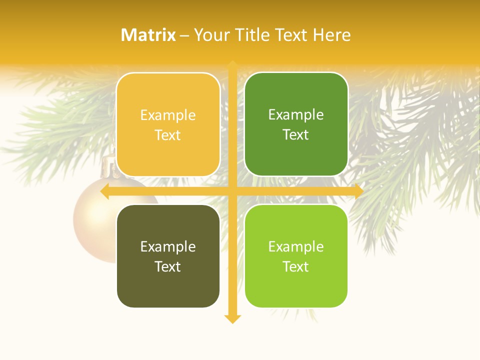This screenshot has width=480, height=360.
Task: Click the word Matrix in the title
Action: pyautogui.click(x=148, y=35)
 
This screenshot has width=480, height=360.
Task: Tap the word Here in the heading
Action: pyautogui.click(x=331, y=35)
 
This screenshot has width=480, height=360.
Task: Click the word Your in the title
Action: pyautogui.click(x=212, y=35)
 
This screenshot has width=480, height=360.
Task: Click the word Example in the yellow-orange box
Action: pyautogui.click(x=168, y=115)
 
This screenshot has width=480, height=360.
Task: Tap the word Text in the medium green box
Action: pyautogui.click(x=296, y=135)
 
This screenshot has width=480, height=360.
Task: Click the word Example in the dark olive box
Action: pyautogui.click(x=168, y=246)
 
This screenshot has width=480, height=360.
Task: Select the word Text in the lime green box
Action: pyautogui.click(x=296, y=266)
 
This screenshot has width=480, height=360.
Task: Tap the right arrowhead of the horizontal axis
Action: pyautogui.click(x=358, y=191)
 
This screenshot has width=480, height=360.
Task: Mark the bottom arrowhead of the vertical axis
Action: pyautogui.click(x=232, y=318)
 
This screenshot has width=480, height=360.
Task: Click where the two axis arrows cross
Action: pyautogui.click(x=232, y=191)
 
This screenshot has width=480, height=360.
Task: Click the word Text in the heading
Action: pyautogui.click(x=291, y=35)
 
